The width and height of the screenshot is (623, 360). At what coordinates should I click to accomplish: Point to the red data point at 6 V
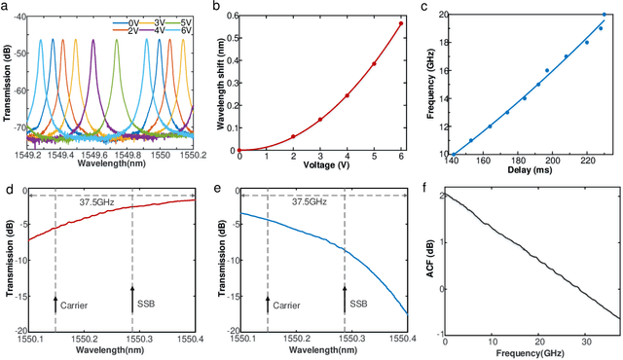pos(399,23)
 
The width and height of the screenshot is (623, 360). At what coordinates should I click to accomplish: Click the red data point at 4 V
pos(347,95)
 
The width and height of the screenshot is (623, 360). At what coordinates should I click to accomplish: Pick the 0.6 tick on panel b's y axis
pos(229,16)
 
